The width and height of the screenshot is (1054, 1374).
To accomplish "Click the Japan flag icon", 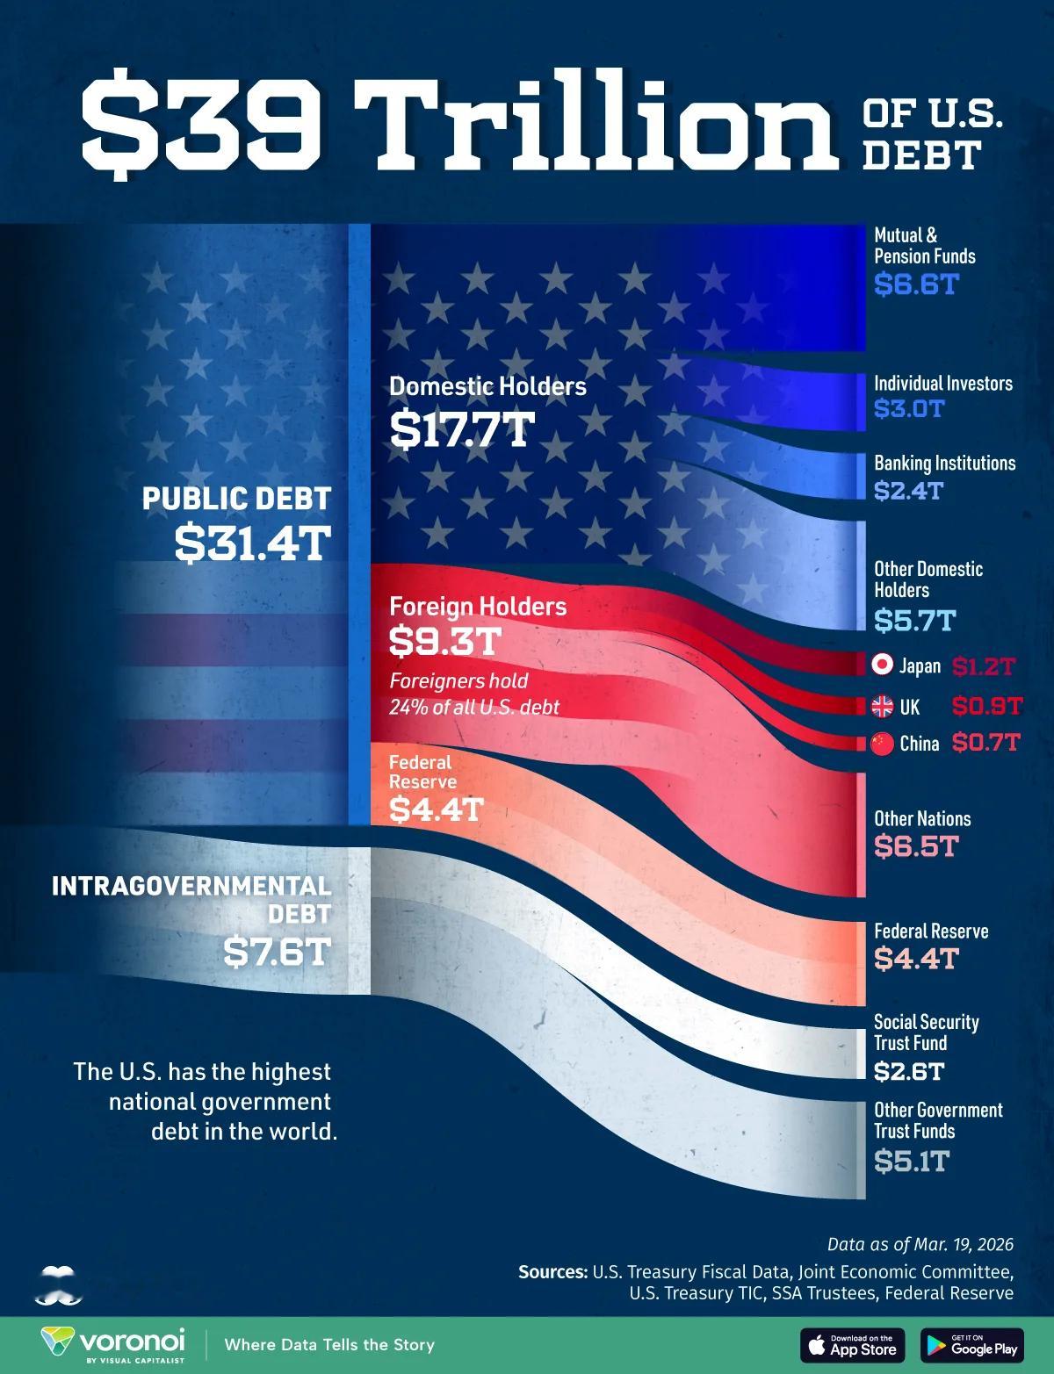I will click(x=883, y=665).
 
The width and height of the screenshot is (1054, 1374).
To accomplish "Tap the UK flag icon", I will click(x=883, y=706).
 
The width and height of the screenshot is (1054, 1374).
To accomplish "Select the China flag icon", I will click(x=883, y=744).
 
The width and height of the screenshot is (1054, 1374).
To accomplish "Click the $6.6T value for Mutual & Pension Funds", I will click(x=914, y=284).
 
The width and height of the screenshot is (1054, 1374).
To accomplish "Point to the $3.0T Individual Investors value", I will click(x=908, y=408).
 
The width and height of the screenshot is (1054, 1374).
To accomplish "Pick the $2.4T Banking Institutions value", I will click(x=908, y=490).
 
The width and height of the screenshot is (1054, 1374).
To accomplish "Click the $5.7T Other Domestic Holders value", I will click(x=914, y=621).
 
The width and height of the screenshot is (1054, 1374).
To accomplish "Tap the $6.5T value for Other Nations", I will click(x=914, y=846).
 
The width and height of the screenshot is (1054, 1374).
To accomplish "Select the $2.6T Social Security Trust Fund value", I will click(x=909, y=1071).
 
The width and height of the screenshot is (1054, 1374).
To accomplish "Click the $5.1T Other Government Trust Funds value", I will click(x=912, y=1162).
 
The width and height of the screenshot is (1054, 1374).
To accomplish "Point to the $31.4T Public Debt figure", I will click(x=252, y=543).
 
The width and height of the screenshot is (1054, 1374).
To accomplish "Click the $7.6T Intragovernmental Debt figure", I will click(x=277, y=951).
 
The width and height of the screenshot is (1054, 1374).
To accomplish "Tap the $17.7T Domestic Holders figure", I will click(x=462, y=429).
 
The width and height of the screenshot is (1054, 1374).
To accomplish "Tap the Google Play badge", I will click(x=972, y=1344).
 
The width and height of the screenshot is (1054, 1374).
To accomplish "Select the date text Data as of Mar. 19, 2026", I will click(x=920, y=1244).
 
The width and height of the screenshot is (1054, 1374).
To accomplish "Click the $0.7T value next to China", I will click(x=985, y=744).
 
